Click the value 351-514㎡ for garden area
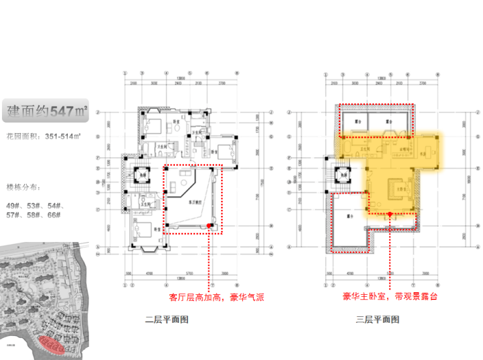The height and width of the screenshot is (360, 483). pyautogui.click(x=63, y=136)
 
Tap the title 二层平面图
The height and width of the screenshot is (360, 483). pyautogui.click(x=167, y=319)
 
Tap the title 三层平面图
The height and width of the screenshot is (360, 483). pyautogui.click(x=377, y=319)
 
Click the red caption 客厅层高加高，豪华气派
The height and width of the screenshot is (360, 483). pyautogui.click(x=216, y=297)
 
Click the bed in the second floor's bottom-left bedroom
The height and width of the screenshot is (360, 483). pyautogui.click(x=144, y=230)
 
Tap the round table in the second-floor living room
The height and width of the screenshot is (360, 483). pyautogui.click(x=187, y=177)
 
